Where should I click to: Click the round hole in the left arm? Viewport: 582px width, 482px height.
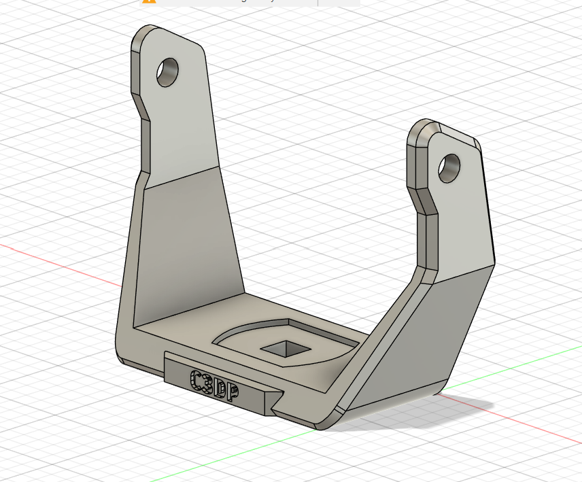coord(167,72)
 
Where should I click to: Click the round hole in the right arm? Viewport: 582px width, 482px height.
coord(449,167)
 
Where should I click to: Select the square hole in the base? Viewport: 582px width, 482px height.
coord(286,349)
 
